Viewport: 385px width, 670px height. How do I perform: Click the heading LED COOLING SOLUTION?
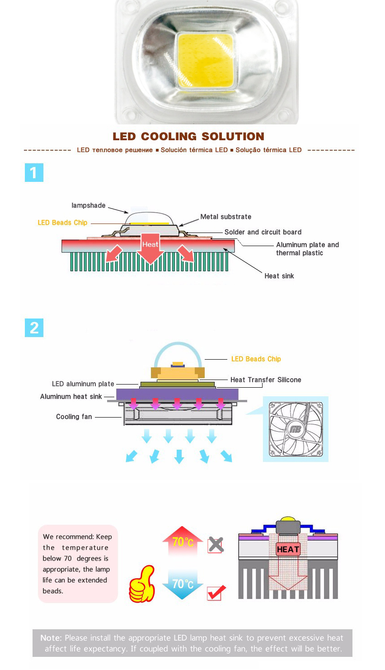(x=188, y=137)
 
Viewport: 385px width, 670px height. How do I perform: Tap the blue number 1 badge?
(x=34, y=172)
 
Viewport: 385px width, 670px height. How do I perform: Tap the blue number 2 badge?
(x=34, y=328)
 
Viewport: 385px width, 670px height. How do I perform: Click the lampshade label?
(x=89, y=205)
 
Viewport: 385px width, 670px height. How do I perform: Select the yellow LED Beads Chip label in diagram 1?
(x=62, y=223)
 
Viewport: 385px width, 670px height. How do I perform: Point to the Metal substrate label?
(x=226, y=217)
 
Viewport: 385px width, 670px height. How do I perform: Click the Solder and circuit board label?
(x=263, y=232)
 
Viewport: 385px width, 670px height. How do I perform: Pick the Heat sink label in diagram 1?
(x=279, y=276)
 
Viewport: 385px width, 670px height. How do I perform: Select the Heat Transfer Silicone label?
(x=266, y=380)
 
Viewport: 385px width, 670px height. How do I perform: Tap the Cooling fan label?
(x=74, y=417)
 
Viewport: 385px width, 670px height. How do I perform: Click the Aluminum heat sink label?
(x=71, y=397)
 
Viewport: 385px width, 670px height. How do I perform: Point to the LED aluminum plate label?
(x=83, y=384)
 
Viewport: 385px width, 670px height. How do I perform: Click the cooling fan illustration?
(x=296, y=429)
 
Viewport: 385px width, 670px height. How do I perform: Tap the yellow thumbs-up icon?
(x=142, y=584)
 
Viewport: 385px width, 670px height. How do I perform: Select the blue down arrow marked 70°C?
(x=183, y=584)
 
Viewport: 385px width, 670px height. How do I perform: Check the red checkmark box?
(x=216, y=592)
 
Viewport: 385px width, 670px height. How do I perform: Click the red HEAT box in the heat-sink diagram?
(x=288, y=549)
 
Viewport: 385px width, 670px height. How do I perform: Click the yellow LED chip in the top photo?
(x=206, y=61)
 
